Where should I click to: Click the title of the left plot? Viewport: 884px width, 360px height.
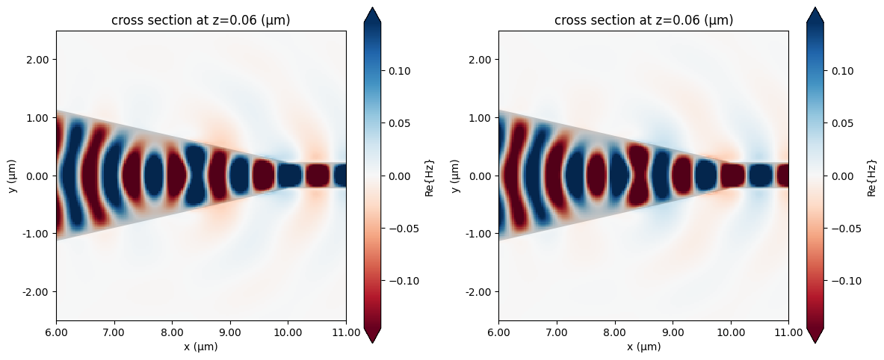pyautogui.click(x=200, y=21)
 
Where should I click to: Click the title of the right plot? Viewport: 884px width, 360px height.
pyautogui.click(x=643, y=21)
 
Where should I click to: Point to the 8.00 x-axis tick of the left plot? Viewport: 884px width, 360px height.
pyautogui.click(x=172, y=334)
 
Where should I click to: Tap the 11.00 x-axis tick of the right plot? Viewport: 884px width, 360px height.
pyautogui.click(x=788, y=334)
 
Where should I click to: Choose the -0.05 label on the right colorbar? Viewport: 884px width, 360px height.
pyautogui.click(x=844, y=229)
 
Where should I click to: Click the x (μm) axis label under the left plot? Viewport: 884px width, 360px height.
pyautogui.click(x=200, y=347)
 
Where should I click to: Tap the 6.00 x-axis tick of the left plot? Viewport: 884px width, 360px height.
pyautogui.click(x=56, y=334)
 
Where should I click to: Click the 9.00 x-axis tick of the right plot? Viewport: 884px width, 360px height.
pyautogui.click(x=673, y=334)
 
